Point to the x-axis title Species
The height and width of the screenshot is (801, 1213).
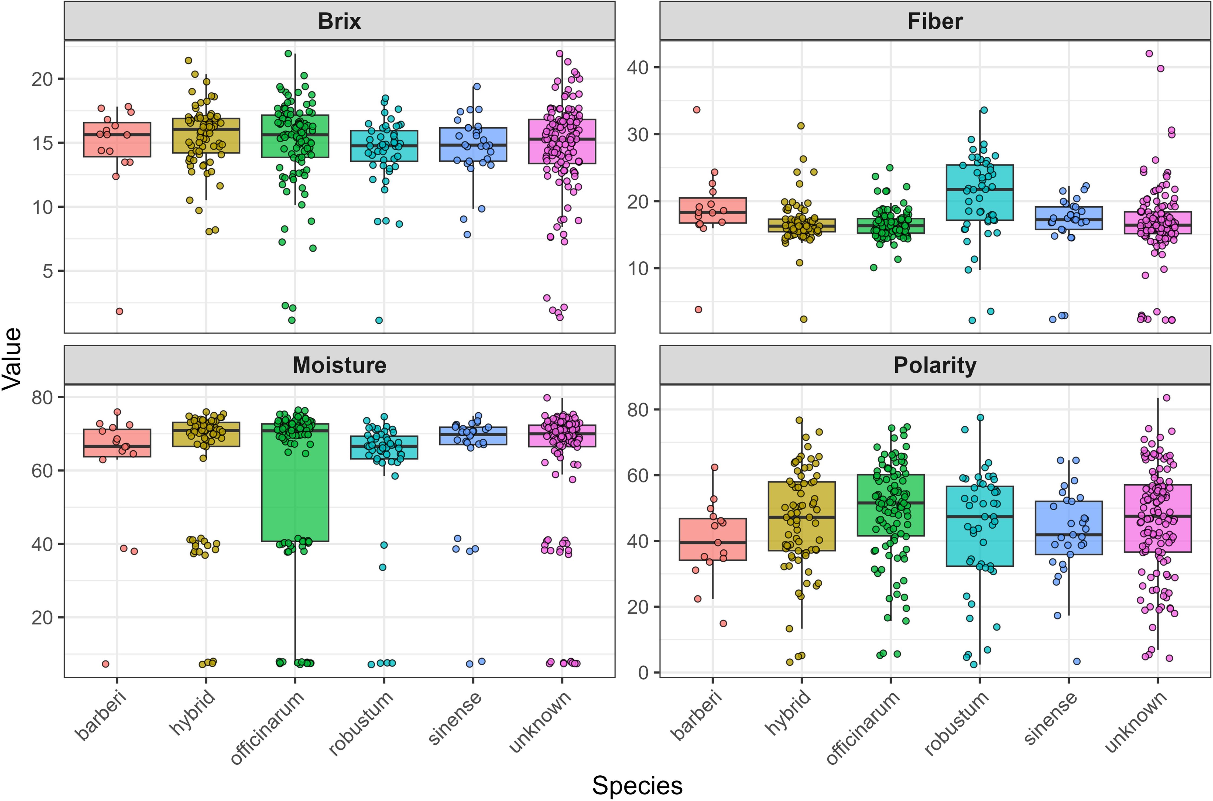tap(637, 785)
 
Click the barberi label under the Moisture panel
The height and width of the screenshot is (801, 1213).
tap(101, 715)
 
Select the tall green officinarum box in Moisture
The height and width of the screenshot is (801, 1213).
tap(295, 483)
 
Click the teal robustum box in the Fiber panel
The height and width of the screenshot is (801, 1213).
tap(979, 193)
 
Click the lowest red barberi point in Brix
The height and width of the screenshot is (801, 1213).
tap(119, 311)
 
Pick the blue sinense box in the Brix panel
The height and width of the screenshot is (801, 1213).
tap(473, 145)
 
